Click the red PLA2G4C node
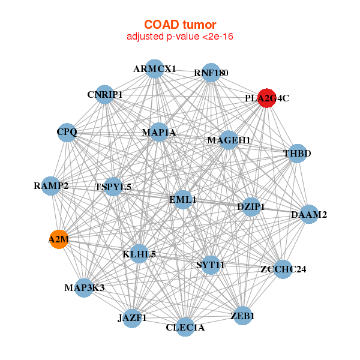267,98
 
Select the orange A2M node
59,240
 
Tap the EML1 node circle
183,199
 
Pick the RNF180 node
211,73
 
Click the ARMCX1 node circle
155,69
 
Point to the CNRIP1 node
105,94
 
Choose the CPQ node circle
67,132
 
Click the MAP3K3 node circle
85,288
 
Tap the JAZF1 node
132,317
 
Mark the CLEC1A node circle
185,327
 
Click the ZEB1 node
242,316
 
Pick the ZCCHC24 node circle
283,269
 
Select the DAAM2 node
309,214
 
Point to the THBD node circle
298,154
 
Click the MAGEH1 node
229,140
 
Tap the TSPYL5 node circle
113,187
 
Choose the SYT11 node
211,265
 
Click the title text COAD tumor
179,25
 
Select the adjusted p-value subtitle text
179,37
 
